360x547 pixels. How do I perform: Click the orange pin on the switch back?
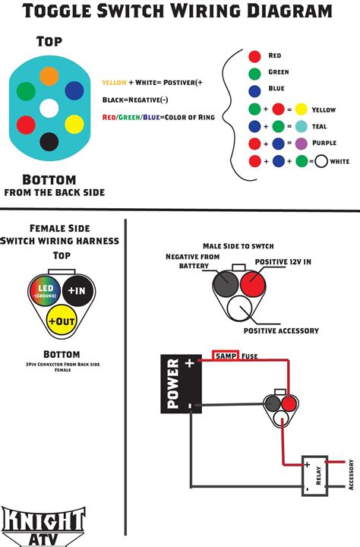49,76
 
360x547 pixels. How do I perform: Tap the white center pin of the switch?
49,108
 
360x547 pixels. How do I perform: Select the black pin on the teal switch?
49,141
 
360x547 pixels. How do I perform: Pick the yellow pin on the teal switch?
74,124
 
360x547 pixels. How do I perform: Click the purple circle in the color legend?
301,143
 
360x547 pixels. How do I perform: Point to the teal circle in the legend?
301,126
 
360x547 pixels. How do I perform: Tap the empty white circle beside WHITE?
321,161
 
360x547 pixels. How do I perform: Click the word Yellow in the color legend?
324,110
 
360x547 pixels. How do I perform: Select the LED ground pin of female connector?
46,290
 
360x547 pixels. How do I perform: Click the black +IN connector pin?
77,290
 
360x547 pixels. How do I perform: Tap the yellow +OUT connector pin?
62,321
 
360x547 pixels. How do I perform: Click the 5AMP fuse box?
226,356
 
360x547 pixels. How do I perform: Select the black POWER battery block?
181,384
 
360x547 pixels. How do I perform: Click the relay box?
314,475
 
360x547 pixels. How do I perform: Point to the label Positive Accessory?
281,330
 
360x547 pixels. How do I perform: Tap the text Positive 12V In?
283,261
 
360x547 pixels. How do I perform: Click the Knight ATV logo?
43,526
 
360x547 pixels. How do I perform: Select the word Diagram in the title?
289,11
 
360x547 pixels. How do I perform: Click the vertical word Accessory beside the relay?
352,474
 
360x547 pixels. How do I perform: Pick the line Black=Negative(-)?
135,100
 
